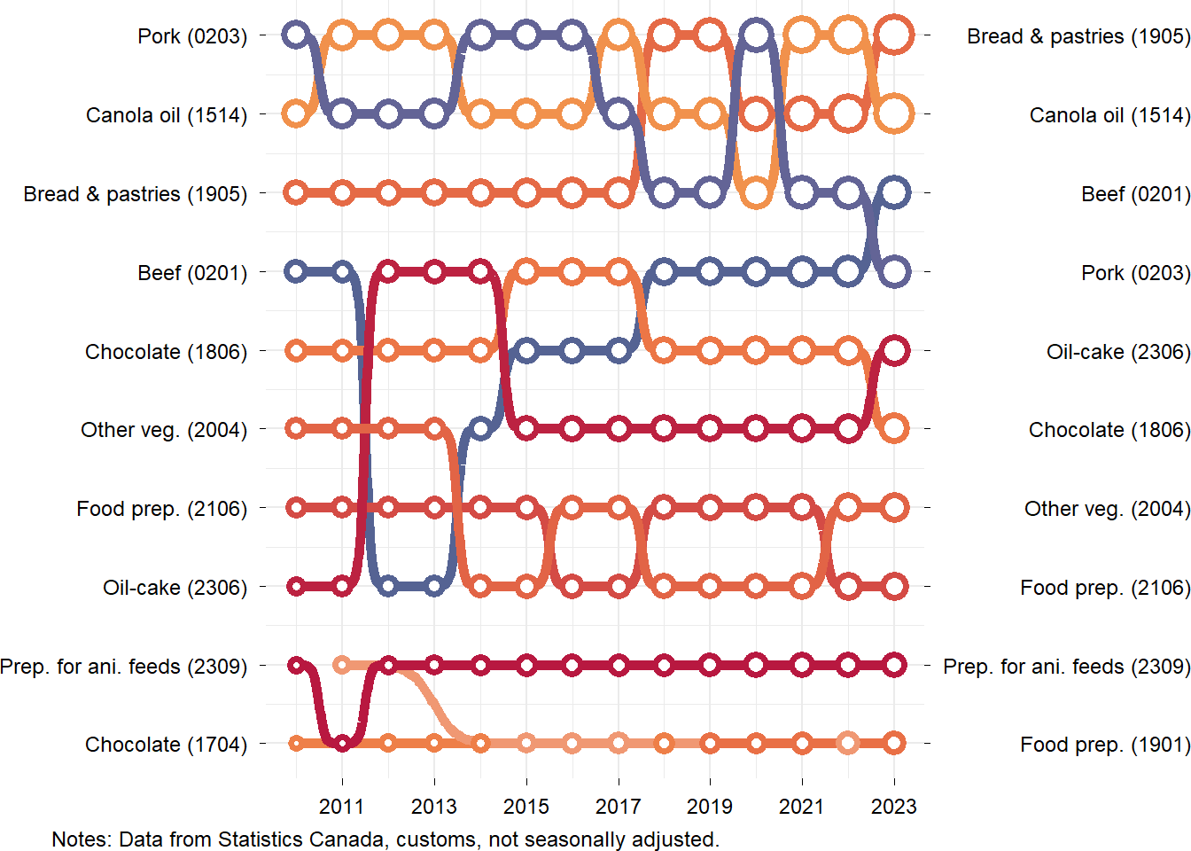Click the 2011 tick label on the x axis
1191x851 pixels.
pos(342,806)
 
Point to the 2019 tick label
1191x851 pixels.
pos(710,806)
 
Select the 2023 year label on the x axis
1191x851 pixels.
pos(894,806)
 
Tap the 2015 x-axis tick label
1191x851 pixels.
pos(526,806)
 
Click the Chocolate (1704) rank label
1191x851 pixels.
pos(166,745)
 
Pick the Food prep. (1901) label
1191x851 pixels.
pos(1105,745)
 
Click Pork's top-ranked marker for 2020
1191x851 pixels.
pos(756,35)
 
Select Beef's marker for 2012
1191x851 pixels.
pos(388,586)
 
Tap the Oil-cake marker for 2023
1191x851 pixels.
pos(894,350)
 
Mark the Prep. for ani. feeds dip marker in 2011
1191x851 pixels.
pos(342,743)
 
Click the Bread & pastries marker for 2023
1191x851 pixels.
pos(894,35)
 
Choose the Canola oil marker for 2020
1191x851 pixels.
pos(756,192)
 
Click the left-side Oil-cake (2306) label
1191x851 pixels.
pos(175,588)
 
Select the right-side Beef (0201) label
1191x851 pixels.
pos(1135,194)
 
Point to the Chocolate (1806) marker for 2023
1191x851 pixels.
pos(894,429)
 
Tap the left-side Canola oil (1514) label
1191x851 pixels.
pos(167,115)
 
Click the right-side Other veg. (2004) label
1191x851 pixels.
pos(1107,509)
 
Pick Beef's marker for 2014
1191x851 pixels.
pos(480,429)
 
